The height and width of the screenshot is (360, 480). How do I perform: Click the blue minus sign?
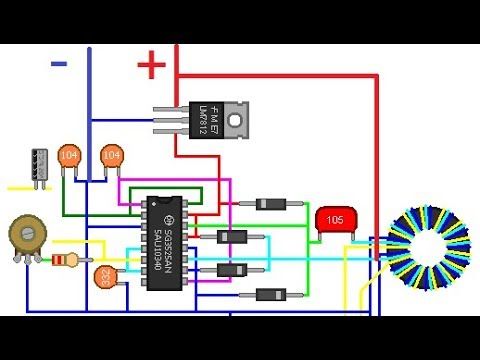[59, 63]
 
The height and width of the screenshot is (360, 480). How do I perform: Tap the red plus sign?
[151, 66]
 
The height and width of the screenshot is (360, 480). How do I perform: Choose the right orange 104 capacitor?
[111, 155]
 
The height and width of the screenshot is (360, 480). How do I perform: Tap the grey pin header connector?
[39, 165]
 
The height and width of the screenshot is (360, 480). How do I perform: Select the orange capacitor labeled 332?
[104, 278]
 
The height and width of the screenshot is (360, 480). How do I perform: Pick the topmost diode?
[271, 204]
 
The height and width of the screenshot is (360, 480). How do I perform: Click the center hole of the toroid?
[427, 245]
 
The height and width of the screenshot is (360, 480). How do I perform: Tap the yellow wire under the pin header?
[20, 187]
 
